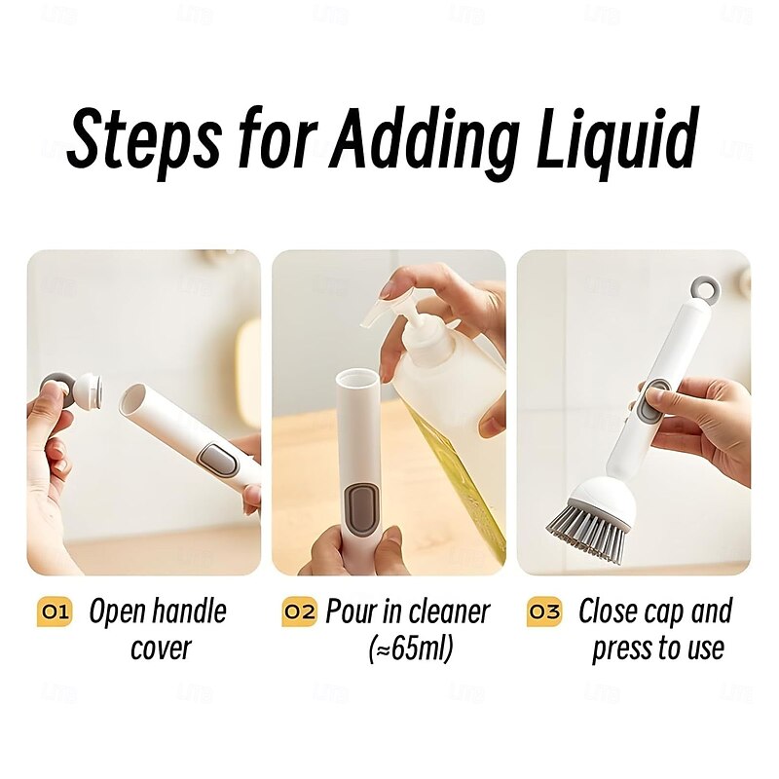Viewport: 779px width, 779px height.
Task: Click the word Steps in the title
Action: point(144,141)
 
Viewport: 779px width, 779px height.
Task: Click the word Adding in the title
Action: point(424,141)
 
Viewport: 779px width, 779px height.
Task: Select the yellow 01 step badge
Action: point(55,612)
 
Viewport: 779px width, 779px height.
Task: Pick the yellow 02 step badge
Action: point(299,612)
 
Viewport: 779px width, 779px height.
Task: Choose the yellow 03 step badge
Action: point(544,612)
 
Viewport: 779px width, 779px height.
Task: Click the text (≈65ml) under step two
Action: point(411,649)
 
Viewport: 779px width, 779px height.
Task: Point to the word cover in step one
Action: point(161,649)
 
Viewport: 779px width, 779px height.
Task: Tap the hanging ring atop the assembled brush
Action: point(706,289)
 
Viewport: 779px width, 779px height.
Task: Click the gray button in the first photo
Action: point(217,460)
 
